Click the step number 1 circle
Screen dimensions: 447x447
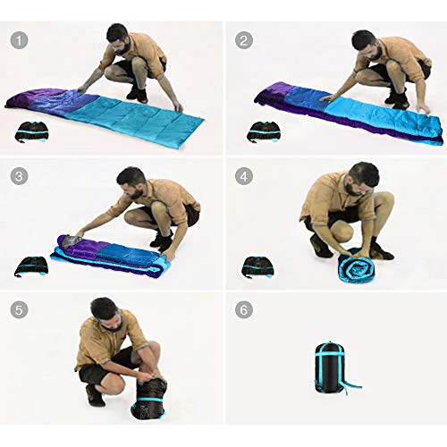coord(19,40)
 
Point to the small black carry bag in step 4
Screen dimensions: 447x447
coord(258,266)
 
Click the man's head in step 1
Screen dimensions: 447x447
coord(118,38)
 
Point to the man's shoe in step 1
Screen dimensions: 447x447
coord(136,92)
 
